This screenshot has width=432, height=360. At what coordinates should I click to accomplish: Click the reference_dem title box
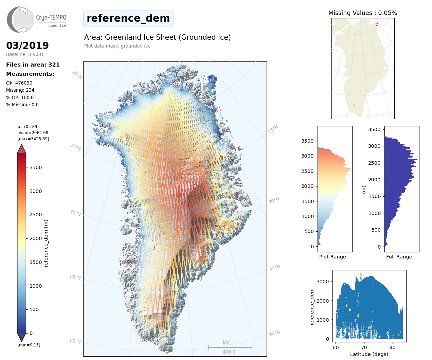(128, 19)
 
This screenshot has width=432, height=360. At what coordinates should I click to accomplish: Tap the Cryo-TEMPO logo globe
(21, 20)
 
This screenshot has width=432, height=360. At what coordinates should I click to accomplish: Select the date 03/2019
(28, 46)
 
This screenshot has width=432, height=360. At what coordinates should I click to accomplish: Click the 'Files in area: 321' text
(33, 65)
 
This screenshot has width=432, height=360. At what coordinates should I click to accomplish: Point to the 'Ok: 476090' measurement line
(19, 83)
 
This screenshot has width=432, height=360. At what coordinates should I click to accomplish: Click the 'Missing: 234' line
(20, 90)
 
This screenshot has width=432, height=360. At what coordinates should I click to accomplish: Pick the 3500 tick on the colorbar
(35, 167)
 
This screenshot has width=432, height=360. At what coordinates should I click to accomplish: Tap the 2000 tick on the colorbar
(35, 238)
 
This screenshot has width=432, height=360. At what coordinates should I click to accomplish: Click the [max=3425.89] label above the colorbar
(33, 139)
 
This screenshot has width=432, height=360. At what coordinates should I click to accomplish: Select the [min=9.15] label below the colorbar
(29, 345)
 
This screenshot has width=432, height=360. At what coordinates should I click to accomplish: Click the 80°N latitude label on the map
(77, 75)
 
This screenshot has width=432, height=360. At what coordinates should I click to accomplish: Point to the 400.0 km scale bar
(230, 347)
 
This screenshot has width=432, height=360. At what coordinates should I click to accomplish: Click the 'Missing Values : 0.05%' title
(363, 13)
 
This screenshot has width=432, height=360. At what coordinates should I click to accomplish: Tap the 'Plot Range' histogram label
(332, 257)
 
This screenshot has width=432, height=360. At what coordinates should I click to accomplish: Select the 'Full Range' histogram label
(399, 257)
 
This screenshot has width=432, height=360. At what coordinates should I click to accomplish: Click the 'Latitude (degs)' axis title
(369, 354)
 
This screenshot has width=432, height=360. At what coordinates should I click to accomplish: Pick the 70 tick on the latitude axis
(364, 347)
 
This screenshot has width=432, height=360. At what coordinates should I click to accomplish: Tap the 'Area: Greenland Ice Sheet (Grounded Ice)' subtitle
(158, 37)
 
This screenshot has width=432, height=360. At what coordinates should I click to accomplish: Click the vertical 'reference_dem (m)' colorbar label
(46, 243)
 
